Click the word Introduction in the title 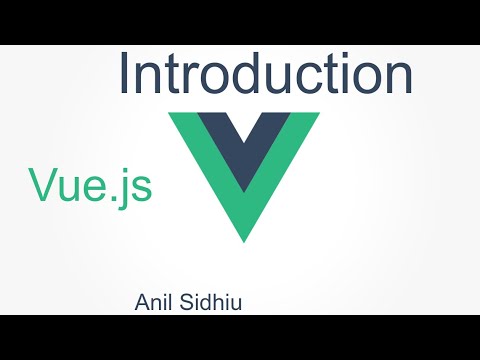(265, 75)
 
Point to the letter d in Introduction (246, 75)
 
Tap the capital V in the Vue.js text (44, 185)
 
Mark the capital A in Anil (141, 300)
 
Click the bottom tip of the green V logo (244, 238)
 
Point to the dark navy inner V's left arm (219, 140)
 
